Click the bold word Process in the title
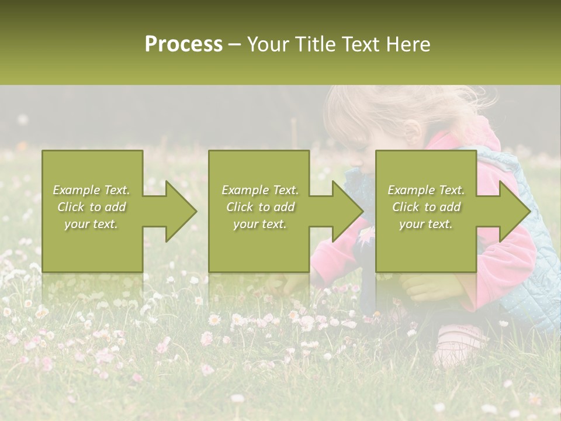point(183,44)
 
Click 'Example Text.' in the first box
point(92,190)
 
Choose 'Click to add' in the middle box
point(260,207)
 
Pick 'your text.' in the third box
point(426,224)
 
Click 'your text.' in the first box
point(92,224)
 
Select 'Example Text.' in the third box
point(426,190)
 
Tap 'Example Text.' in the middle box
point(260,190)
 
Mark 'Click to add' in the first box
point(92,207)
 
